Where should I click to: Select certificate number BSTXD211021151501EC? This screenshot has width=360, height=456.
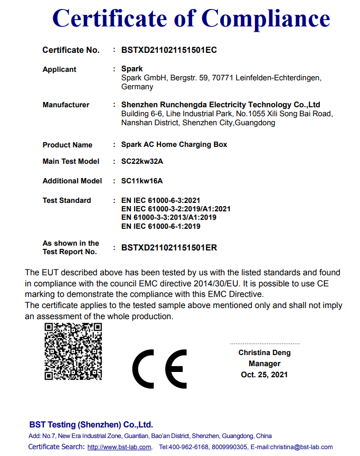[x=169, y=50]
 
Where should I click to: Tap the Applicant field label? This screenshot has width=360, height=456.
[x=59, y=69]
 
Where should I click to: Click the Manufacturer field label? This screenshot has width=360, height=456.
[x=66, y=105]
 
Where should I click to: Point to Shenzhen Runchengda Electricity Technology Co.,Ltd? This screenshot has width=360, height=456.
[x=221, y=105]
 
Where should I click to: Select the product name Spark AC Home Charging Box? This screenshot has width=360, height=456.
[x=174, y=145]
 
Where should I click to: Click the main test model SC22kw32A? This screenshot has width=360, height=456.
[x=142, y=161]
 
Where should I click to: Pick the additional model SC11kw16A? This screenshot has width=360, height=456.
[x=142, y=181]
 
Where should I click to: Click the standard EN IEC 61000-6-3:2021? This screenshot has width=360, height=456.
[x=161, y=200]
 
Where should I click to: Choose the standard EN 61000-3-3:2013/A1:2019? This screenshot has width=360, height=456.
[x=169, y=217]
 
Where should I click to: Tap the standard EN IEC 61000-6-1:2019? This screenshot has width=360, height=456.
[x=161, y=226]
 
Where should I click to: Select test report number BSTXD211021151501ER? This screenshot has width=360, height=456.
[x=169, y=247]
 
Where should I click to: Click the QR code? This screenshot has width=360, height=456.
[x=73, y=352]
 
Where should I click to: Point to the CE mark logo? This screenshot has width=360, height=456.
[x=159, y=368]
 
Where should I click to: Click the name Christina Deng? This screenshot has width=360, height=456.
[x=264, y=352]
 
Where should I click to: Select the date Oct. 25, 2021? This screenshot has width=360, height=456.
[x=264, y=374]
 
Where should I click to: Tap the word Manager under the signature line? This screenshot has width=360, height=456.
[x=264, y=364]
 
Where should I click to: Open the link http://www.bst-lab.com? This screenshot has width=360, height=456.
[x=119, y=447]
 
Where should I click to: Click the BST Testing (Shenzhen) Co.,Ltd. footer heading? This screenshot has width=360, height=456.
[x=91, y=424]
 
